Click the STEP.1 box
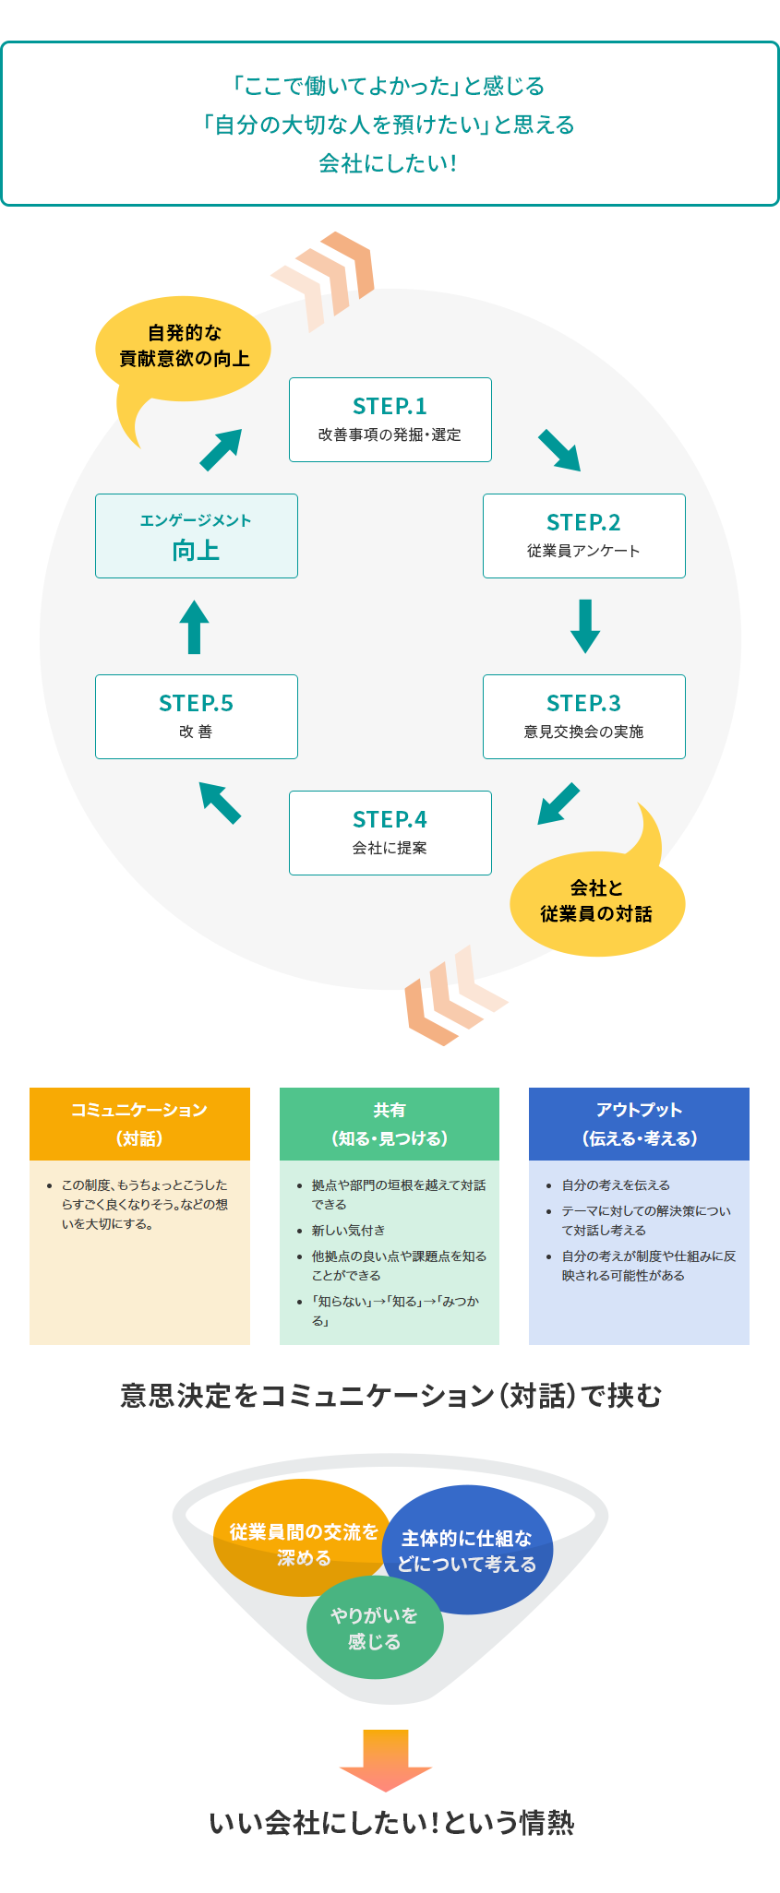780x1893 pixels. (390, 419)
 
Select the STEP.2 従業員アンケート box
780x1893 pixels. (583, 535)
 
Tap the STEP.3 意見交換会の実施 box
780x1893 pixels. (583, 716)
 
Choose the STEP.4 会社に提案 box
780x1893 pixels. (390, 832)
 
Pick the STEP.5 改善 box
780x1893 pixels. (196, 716)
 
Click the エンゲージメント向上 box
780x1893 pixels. (196, 535)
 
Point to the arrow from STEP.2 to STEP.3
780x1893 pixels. (585, 625)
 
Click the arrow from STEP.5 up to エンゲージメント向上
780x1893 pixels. (194, 626)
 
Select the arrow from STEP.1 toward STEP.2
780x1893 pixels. (559, 450)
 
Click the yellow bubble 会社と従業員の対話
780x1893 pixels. (596, 902)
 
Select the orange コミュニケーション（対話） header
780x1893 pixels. (139, 1124)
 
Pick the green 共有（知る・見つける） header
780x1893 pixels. (389, 1124)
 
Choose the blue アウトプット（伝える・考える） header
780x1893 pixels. (639, 1124)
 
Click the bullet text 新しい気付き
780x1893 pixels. (348, 1231)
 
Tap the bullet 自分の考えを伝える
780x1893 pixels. (616, 1185)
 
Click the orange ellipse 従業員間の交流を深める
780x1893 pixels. (300, 1535)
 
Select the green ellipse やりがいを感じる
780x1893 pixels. (375, 1629)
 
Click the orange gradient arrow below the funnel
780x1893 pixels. (386, 1758)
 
